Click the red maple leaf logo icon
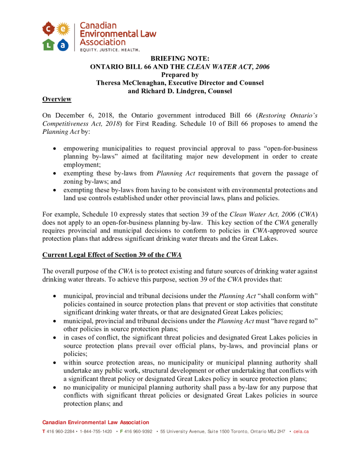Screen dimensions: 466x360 48,29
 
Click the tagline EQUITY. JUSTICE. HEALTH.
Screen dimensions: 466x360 110,49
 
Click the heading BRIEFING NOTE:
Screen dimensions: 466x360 180,59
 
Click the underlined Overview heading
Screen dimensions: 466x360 56,99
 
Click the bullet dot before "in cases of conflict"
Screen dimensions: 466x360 55,338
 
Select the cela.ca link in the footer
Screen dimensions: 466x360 301,431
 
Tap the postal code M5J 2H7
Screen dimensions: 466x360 276,431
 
